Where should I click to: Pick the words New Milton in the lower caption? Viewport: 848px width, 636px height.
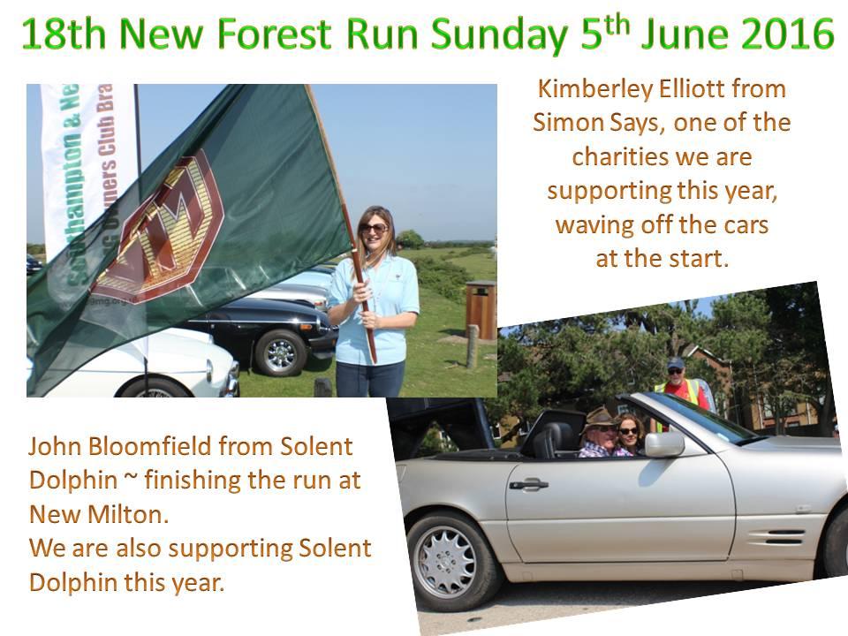[98, 514]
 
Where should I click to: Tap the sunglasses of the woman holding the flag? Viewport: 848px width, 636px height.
[374, 228]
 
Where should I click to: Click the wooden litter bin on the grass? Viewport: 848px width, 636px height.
[481, 309]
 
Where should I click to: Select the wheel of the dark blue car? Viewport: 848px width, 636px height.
[280, 353]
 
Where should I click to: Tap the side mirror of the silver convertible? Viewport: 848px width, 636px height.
[663, 444]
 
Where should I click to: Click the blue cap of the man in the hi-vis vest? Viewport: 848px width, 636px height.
[675, 363]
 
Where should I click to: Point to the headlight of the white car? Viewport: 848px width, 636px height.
[210, 371]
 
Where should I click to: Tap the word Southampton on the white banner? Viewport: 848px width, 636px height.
[72, 207]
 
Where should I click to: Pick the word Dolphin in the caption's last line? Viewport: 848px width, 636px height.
[73, 582]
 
